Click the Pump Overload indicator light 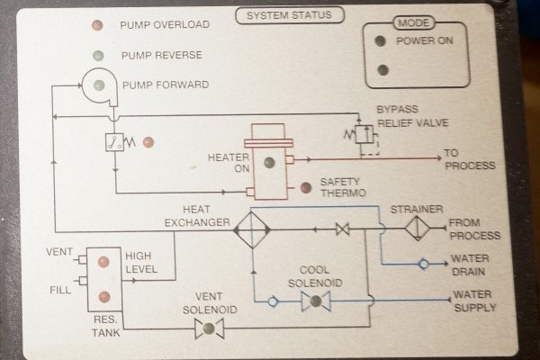(96, 24)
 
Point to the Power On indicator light (382, 40)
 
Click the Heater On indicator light (269, 163)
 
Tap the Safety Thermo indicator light (306, 187)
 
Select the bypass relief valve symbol (364, 134)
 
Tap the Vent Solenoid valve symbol (210, 330)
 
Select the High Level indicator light (103, 262)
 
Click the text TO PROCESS (470, 159)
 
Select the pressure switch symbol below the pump (115, 141)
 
